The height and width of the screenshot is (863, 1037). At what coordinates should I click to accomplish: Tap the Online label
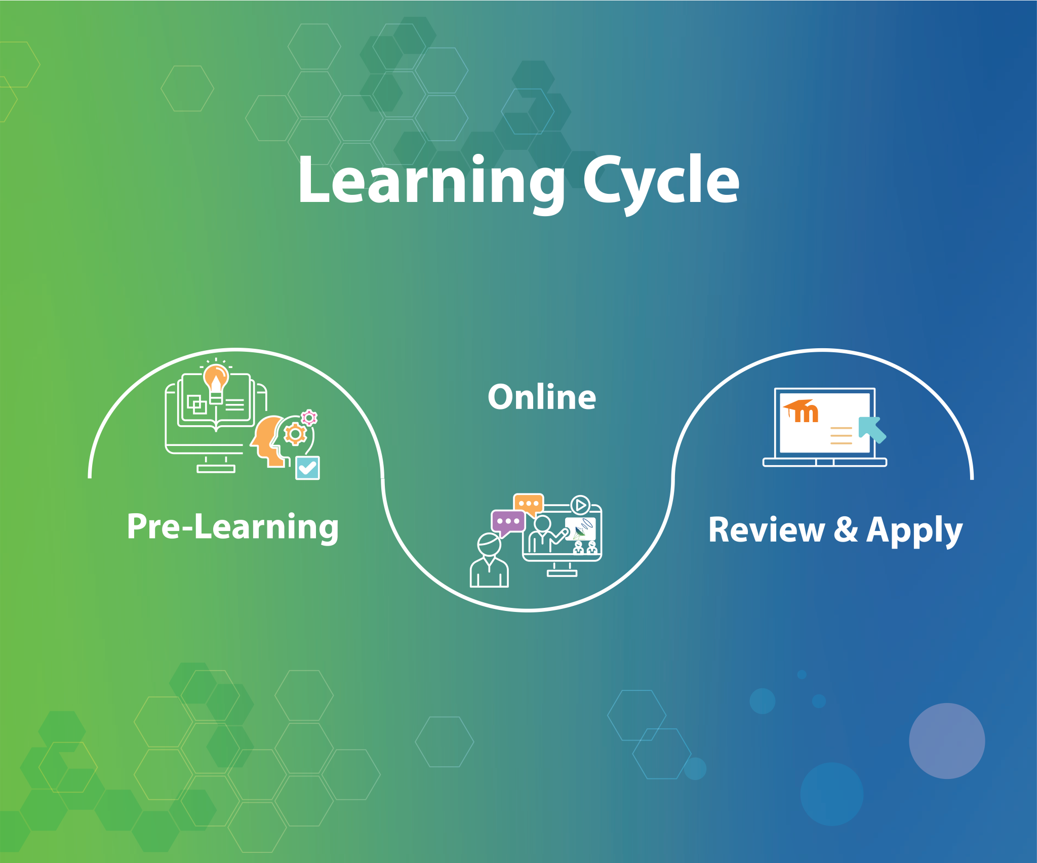(x=542, y=397)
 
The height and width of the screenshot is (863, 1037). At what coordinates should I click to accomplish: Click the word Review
(x=766, y=530)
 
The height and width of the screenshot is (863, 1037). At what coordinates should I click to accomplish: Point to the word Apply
(x=914, y=530)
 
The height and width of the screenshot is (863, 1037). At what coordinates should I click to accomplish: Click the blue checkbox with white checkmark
(x=307, y=468)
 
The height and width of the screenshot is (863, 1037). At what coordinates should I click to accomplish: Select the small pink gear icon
(x=309, y=418)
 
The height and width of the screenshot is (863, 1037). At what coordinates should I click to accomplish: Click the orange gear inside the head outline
(x=295, y=434)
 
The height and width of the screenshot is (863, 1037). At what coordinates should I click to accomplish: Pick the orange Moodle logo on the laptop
(x=801, y=411)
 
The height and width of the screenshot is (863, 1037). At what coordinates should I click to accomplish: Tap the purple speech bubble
(x=507, y=522)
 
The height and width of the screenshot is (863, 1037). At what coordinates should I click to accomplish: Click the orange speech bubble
(x=529, y=504)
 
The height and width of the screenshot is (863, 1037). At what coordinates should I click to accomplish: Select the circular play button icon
(x=580, y=505)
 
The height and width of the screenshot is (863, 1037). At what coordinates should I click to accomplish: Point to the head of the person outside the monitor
(x=489, y=545)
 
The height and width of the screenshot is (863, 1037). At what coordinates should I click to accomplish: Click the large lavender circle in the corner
(x=947, y=741)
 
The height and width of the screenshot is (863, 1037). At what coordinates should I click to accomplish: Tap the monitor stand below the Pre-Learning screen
(x=216, y=466)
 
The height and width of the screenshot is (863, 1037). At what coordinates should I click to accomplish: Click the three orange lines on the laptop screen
(x=841, y=435)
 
